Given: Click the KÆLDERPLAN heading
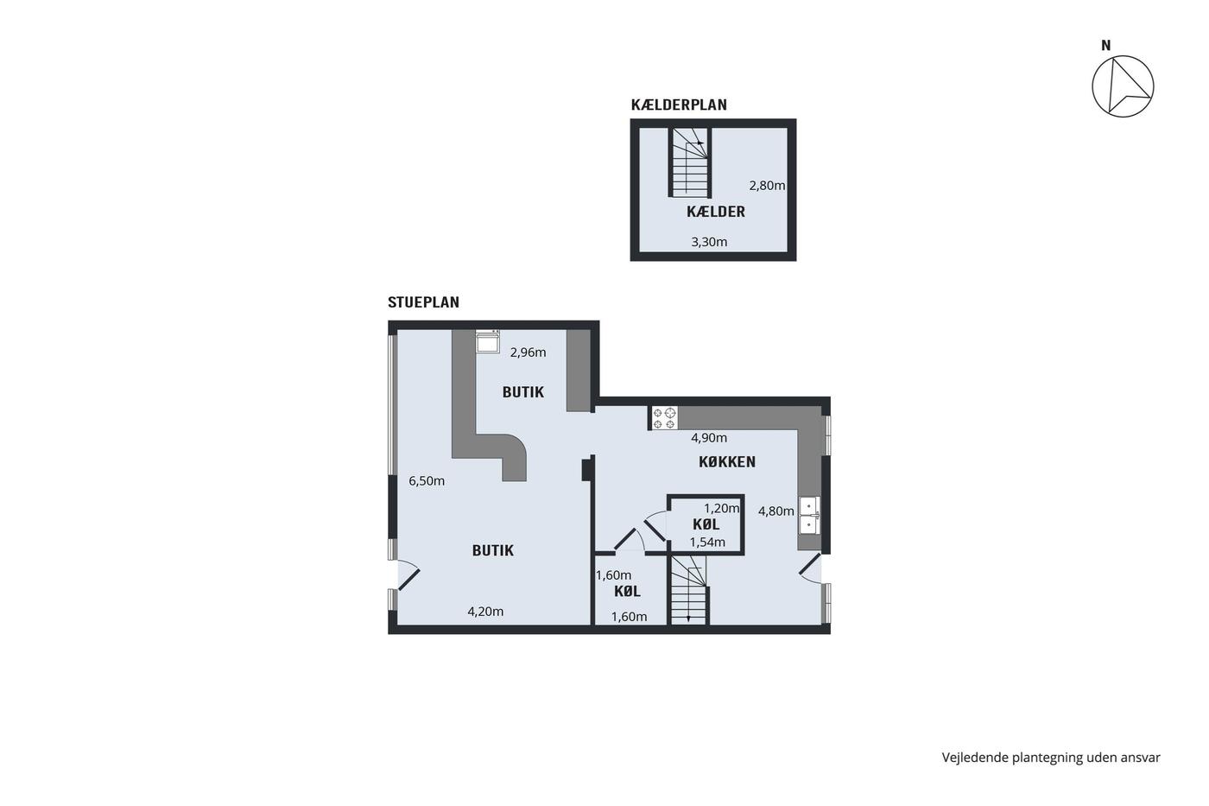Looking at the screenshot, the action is click(679, 105).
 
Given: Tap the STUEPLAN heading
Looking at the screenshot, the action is click(423, 302).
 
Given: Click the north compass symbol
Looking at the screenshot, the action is click(1123, 86).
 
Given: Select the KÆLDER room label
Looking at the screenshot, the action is click(716, 212).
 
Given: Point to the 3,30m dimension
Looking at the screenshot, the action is click(709, 242).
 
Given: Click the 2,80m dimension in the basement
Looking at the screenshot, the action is click(767, 186).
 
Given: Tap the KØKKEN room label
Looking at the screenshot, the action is click(727, 461).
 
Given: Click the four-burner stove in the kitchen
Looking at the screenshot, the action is click(664, 418).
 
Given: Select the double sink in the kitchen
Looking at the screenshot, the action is click(809, 515).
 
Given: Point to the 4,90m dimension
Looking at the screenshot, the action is click(709, 438).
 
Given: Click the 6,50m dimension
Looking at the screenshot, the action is click(427, 481).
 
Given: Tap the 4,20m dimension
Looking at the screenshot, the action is click(485, 612).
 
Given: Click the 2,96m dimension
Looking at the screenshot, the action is click(528, 352).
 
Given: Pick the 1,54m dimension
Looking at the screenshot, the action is click(707, 543).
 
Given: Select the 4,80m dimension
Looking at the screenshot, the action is click(776, 511).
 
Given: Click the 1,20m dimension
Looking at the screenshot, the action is click(722, 509).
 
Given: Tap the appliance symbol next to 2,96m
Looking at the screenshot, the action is click(487, 341).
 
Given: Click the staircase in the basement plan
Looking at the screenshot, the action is click(690, 162).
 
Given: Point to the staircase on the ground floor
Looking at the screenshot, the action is click(688, 590).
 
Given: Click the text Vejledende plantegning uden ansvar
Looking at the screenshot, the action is click(1051, 758).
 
